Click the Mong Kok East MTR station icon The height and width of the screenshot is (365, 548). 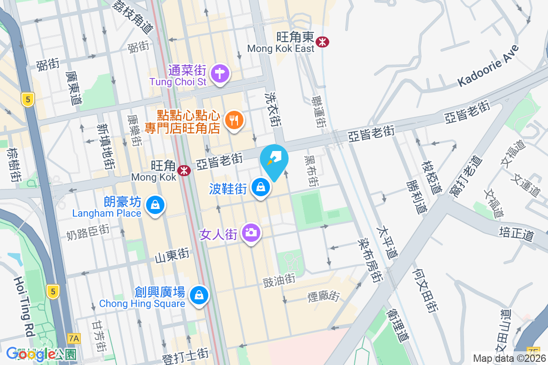coord(323,42)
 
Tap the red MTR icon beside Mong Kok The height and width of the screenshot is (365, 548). coord(184,170)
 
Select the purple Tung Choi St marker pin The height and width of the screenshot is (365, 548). coord(220,73)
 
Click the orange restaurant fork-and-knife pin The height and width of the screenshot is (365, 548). coord(234,120)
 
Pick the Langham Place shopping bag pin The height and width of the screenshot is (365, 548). coord(155,205)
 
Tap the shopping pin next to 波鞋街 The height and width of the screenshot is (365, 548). coord(260,187)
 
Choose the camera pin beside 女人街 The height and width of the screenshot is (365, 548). coord(250,233)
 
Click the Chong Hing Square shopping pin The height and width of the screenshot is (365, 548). coord(199,295)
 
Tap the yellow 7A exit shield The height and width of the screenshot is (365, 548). coord(74,338)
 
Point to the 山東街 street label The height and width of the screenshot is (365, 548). coord(172,255)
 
